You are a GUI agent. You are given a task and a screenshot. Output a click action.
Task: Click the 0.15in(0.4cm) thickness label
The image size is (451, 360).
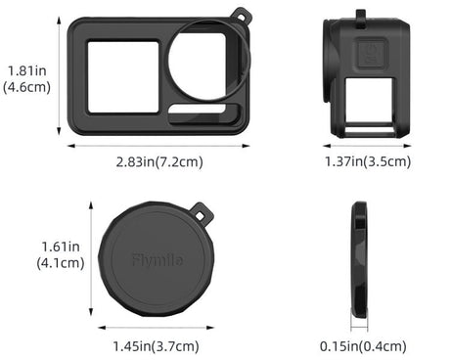[362, 345]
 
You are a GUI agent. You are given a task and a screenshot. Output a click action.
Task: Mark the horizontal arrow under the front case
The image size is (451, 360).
[158, 146]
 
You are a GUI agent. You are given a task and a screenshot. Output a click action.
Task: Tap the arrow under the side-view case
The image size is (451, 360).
[363, 144]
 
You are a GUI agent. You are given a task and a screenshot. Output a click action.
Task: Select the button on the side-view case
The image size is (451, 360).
[371, 54]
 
